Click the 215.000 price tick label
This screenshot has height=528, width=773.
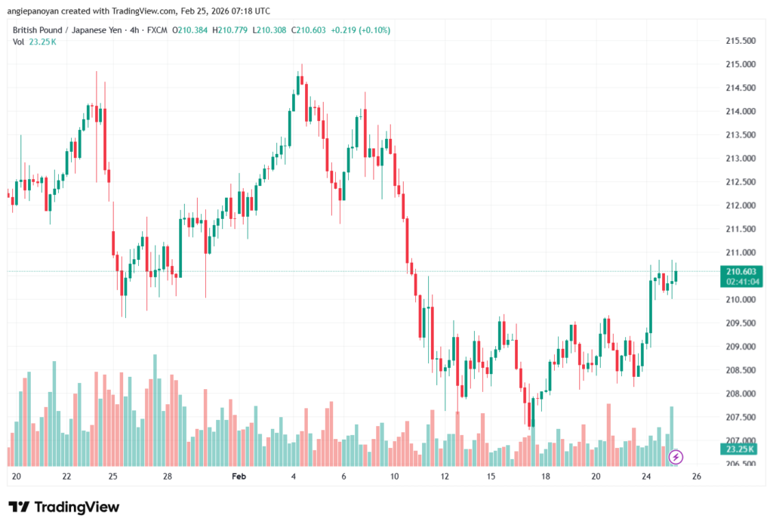[x=740, y=64]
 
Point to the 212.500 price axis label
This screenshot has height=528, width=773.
[x=740, y=182]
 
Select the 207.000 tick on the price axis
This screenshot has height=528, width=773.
[x=740, y=440]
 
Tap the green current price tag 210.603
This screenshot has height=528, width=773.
[x=740, y=271]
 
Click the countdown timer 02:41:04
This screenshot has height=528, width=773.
[x=740, y=281]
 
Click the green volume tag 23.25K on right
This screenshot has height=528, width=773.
[x=740, y=449]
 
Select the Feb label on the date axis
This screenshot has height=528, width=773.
[x=239, y=477]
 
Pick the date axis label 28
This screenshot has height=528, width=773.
[x=168, y=477]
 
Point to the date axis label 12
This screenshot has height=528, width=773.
[x=445, y=477]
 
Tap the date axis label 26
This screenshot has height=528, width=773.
[x=697, y=477]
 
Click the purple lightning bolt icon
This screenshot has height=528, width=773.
[x=676, y=456]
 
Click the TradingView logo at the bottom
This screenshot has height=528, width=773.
[x=63, y=507]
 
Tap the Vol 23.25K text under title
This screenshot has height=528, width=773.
[x=35, y=42]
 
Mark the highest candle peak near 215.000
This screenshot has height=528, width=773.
[x=302, y=66]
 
